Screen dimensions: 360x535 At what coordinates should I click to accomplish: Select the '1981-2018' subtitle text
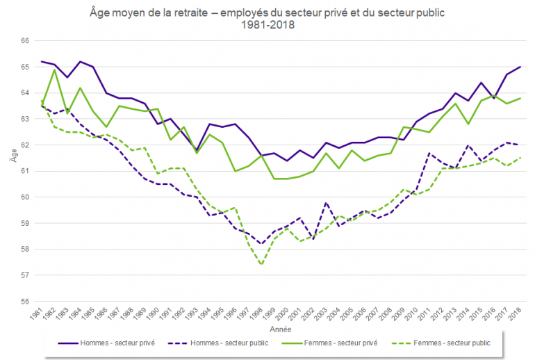268,25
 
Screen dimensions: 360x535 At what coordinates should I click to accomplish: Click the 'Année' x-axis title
281,328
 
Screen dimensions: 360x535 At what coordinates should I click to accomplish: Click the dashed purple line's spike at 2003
327,202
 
